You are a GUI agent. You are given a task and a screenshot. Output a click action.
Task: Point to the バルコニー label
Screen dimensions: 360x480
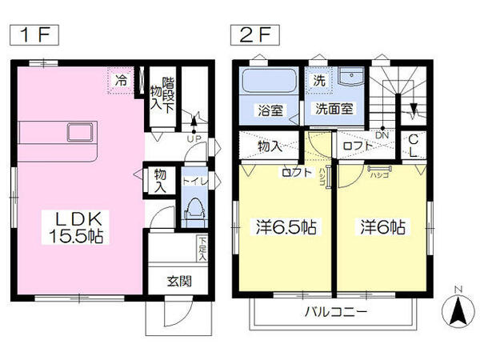[x=334, y=311]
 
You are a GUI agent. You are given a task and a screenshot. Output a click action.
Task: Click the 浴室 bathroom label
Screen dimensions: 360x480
[x=269, y=110]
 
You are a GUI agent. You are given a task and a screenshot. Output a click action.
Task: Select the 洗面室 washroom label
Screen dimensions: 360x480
[x=334, y=110]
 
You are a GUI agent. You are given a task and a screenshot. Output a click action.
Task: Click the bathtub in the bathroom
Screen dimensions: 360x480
[x=268, y=82]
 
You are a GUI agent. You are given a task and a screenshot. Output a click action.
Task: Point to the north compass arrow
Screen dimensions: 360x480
[x=457, y=310]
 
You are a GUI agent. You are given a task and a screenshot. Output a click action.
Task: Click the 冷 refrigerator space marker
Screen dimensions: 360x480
[x=122, y=80]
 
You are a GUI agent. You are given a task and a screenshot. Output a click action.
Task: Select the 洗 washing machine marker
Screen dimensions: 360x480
[x=318, y=80]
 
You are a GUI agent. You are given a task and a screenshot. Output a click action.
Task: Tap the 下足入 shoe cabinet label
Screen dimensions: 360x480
[x=202, y=250]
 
